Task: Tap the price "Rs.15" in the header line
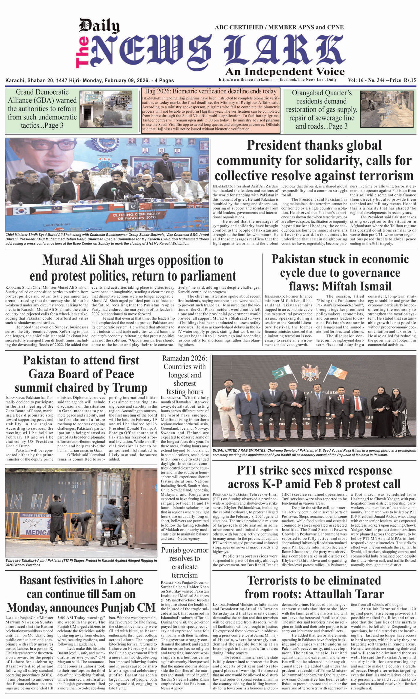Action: click(x=409, y=80)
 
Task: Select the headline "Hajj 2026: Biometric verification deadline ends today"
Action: click(x=211, y=91)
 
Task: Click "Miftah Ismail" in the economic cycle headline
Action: click(x=357, y=286)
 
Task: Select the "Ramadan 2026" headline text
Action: click(x=184, y=358)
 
